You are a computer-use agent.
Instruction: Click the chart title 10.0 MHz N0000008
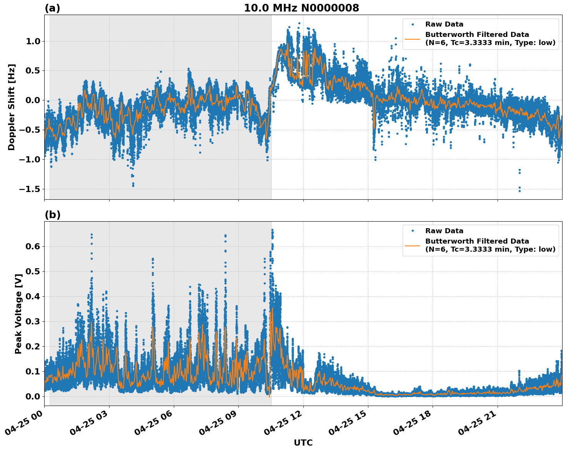(301, 8)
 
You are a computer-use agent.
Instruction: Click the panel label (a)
(52, 8)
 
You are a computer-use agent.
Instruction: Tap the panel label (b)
(52, 215)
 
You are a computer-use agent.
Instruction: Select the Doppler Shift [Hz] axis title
(12, 107)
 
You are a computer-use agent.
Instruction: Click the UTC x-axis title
(303, 443)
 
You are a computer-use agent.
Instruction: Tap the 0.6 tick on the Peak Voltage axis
(33, 246)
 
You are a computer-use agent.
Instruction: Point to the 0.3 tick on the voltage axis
(33, 321)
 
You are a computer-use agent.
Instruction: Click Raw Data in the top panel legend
(444, 25)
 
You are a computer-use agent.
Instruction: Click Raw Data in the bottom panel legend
(444, 231)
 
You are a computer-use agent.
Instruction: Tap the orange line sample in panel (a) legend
(412, 39)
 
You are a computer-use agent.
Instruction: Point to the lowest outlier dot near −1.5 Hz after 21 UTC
(519, 191)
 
